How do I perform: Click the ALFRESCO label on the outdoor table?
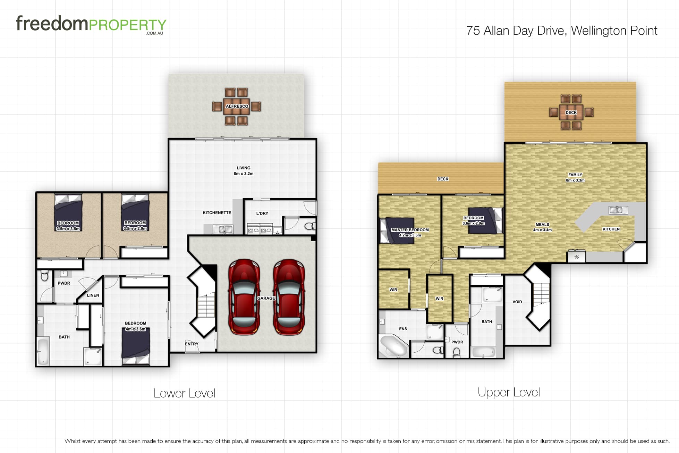click(x=237, y=106)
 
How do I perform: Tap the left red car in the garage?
click(x=244, y=297)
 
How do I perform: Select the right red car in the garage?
click(x=289, y=297)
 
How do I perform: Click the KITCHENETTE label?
click(x=217, y=213)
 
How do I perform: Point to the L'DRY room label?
click(x=262, y=213)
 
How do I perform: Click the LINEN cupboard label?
click(x=93, y=295)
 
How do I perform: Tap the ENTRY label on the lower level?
click(x=192, y=344)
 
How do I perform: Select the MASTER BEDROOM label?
click(x=410, y=230)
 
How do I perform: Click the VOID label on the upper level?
click(x=517, y=302)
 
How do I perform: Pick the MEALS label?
click(x=542, y=225)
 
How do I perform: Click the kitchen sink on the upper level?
click(x=618, y=210)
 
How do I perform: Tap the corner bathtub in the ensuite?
click(x=393, y=346)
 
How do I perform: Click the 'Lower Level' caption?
click(x=184, y=393)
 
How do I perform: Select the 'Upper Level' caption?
click(x=509, y=393)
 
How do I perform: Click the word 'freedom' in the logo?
click(x=52, y=23)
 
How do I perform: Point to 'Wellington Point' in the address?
click(x=614, y=31)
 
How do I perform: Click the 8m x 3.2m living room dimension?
click(x=244, y=174)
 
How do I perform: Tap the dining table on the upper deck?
click(x=571, y=112)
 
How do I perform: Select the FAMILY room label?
click(x=575, y=175)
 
